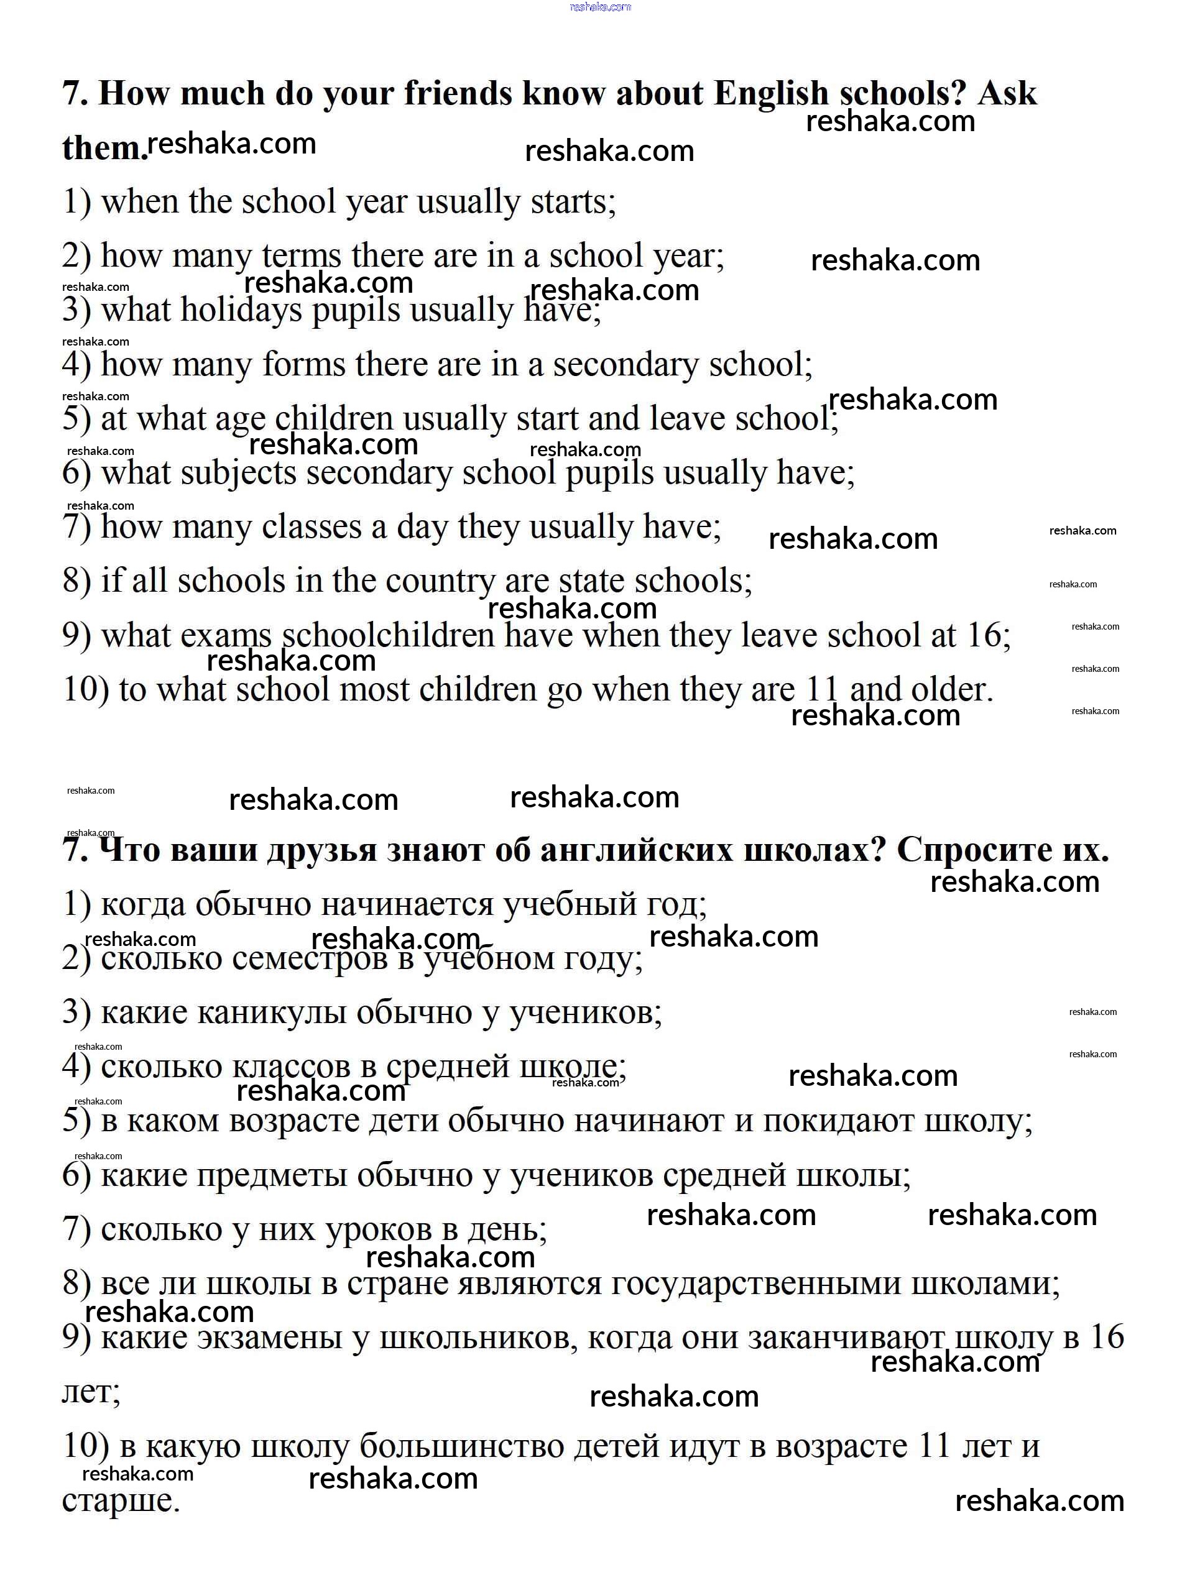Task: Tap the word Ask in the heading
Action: pos(1007,93)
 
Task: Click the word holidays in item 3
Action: pos(241,311)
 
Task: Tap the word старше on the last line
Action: pos(121,1501)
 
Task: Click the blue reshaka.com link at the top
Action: pos(600,6)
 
